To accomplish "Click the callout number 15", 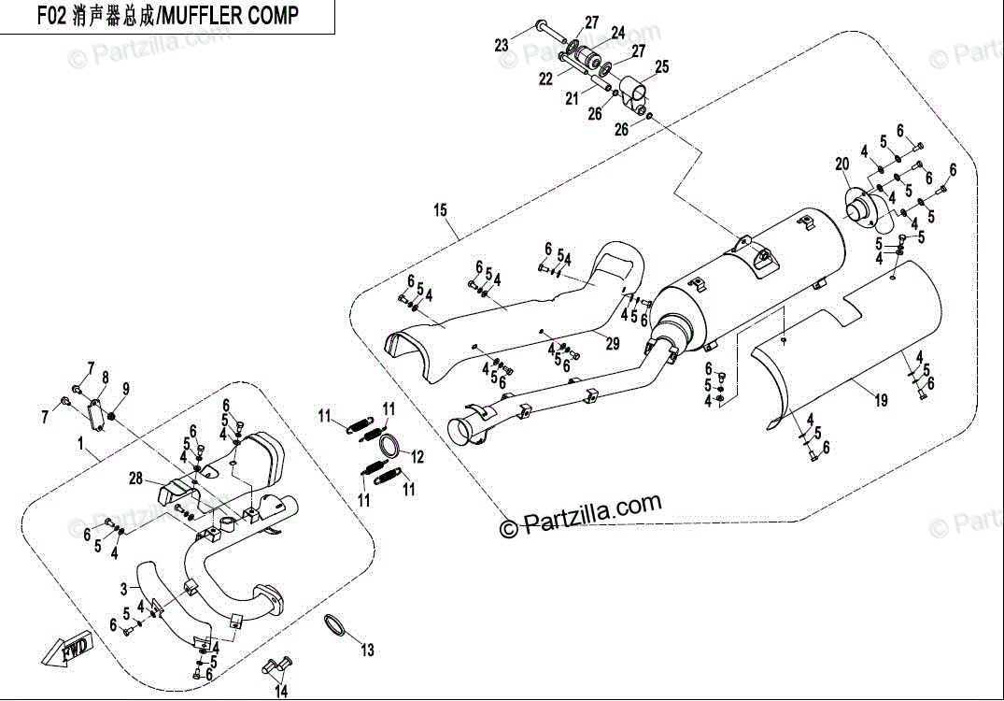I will [x=440, y=210].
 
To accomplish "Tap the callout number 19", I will [x=881, y=400].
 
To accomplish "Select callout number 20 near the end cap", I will [x=842, y=165].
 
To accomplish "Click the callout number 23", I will [x=502, y=45].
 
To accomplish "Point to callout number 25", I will [x=661, y=67].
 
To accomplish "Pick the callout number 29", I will [x=613, y=344].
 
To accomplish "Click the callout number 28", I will [x=136, y=479].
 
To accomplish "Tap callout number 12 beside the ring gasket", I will [x=417, y=457].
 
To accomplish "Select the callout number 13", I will [x=367, y=650].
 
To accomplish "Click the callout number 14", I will [x=281, y=692].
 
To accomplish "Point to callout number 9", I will [x=125, y=389].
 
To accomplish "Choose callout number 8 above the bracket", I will [x=106, y=378].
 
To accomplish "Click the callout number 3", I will [x=122, y=590].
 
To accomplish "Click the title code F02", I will [x=51, y=17].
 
